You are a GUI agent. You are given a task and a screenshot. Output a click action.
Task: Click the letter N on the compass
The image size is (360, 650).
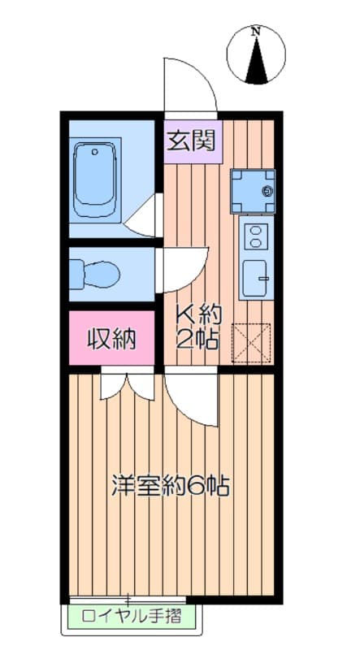tap(257, 31)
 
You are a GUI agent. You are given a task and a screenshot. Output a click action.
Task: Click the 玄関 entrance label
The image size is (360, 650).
tap(192, 141)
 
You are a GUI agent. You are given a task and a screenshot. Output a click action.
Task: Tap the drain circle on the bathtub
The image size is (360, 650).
tap(95, 152)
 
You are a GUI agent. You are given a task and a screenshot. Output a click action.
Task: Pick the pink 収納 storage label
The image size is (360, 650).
tap(111, 339)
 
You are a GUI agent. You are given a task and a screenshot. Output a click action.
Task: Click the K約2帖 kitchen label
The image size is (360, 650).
tap(197, 327)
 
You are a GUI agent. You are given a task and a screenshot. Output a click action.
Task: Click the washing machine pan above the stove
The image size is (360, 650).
tap(253, 191)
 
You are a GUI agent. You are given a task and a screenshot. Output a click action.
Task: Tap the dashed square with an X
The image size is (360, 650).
tap(251, 343)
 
